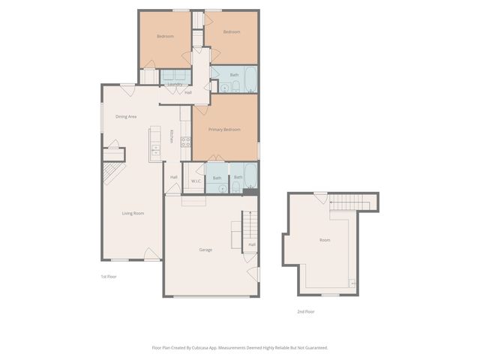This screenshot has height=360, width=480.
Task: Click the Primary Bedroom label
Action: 224,130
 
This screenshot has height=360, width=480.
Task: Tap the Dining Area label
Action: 125,116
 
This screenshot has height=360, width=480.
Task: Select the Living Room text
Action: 133,214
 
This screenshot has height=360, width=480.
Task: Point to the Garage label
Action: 205,250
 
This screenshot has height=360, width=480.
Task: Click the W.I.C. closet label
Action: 195,181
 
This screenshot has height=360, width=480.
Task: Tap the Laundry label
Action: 175,84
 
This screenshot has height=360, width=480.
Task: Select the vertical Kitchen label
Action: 172,136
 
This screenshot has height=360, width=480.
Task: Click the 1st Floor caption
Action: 109,277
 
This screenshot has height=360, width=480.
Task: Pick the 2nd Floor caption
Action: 305,311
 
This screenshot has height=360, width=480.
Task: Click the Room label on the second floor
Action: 325,240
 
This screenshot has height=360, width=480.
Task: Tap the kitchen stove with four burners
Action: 185,142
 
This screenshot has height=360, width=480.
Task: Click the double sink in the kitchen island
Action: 155,148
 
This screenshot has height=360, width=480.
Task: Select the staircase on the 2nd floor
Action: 352,202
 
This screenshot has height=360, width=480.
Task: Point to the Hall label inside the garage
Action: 252,244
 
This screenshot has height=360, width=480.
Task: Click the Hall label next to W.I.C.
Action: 173,177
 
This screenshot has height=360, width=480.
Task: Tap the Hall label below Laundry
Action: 187,92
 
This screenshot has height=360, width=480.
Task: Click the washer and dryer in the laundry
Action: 175,74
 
